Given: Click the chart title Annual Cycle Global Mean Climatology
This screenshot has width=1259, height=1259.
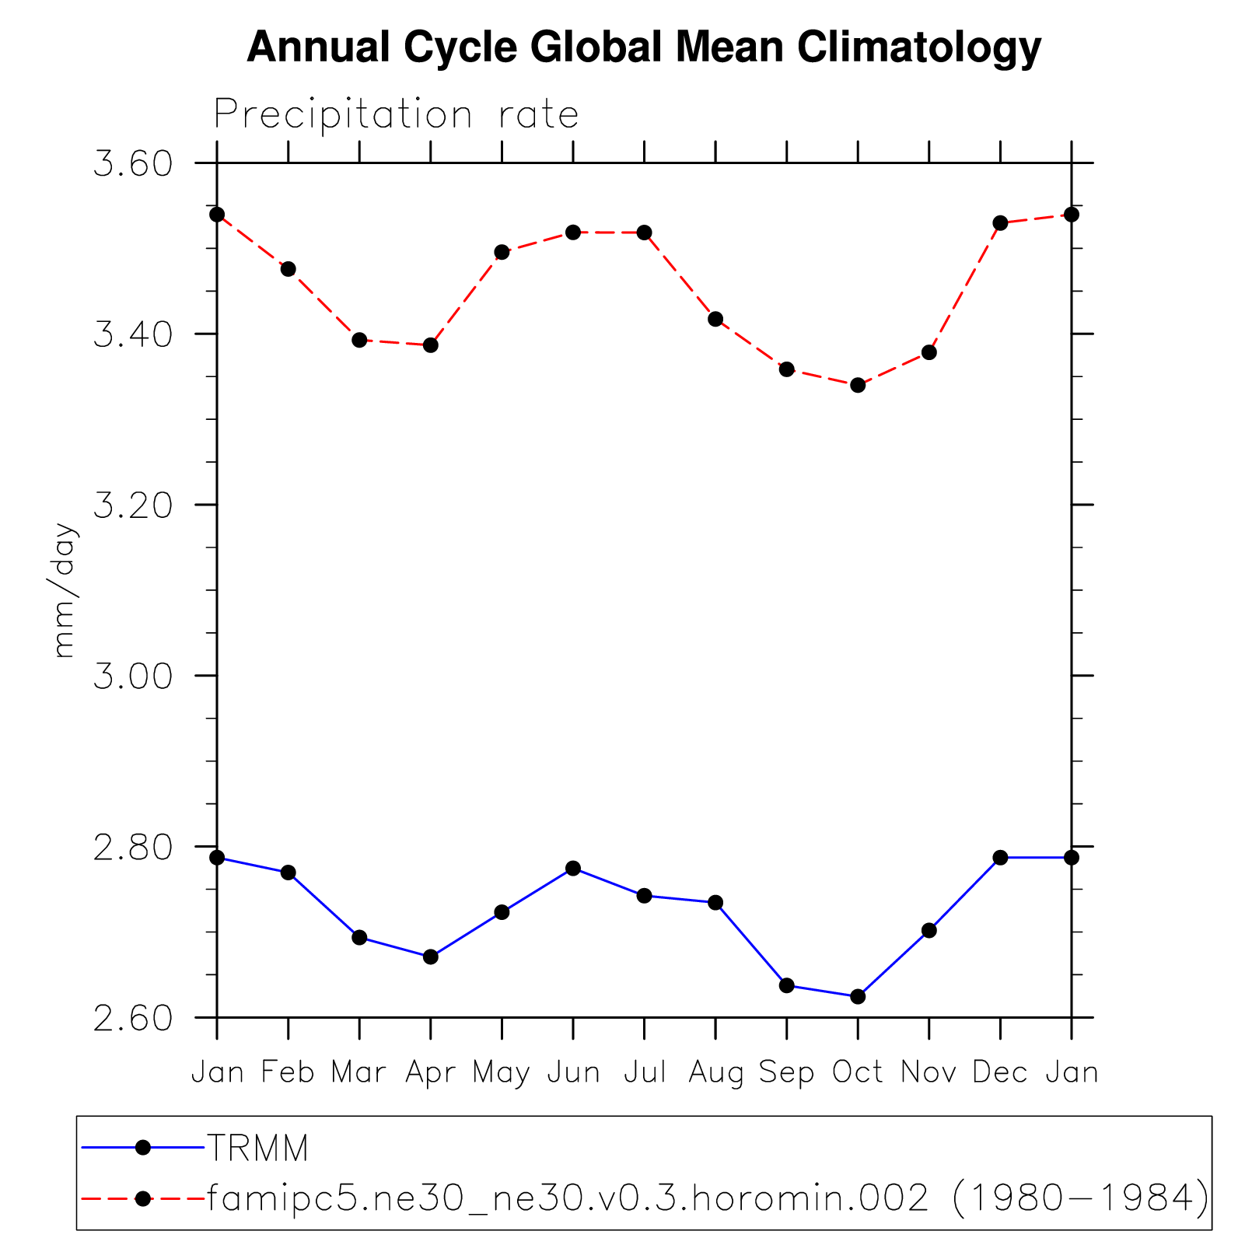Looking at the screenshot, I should [x=643, y=48].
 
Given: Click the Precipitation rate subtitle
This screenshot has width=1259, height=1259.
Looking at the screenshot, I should [x=396, y=115].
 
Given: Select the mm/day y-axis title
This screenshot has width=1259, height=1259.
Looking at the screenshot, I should [x=65, y=590].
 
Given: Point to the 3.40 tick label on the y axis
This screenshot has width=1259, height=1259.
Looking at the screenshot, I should [x=132, y=334].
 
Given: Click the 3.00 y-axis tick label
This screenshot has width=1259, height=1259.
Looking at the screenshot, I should [x=132, y=676].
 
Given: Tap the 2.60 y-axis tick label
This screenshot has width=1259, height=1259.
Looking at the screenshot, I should [x=132, y=1017].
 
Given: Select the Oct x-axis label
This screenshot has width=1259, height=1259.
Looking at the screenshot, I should [x=858, y=1072].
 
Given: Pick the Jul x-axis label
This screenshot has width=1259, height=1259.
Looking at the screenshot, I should [x=645, y=1072].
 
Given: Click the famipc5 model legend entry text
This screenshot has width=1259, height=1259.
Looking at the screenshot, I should [x=707, y=1198].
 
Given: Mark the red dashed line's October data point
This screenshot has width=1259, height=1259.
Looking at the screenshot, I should [x=858, y=385].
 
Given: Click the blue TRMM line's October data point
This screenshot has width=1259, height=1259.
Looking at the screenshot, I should [x=858, y=996].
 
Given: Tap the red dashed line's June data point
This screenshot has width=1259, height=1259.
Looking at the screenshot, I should [x=573, y=232].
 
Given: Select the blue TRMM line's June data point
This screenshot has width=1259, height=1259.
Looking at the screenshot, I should [x=573, y=868].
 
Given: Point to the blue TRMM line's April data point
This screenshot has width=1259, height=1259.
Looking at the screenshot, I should [x=431, y=956].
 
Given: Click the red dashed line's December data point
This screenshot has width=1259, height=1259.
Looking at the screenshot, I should [x=1000, y=223].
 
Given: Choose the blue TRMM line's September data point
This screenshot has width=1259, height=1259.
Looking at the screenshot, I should [x=786, y=985].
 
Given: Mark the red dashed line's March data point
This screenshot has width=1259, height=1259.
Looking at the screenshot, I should [x=359, y=340].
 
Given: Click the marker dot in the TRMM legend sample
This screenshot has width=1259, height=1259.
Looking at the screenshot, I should [x=143, y=1147].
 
